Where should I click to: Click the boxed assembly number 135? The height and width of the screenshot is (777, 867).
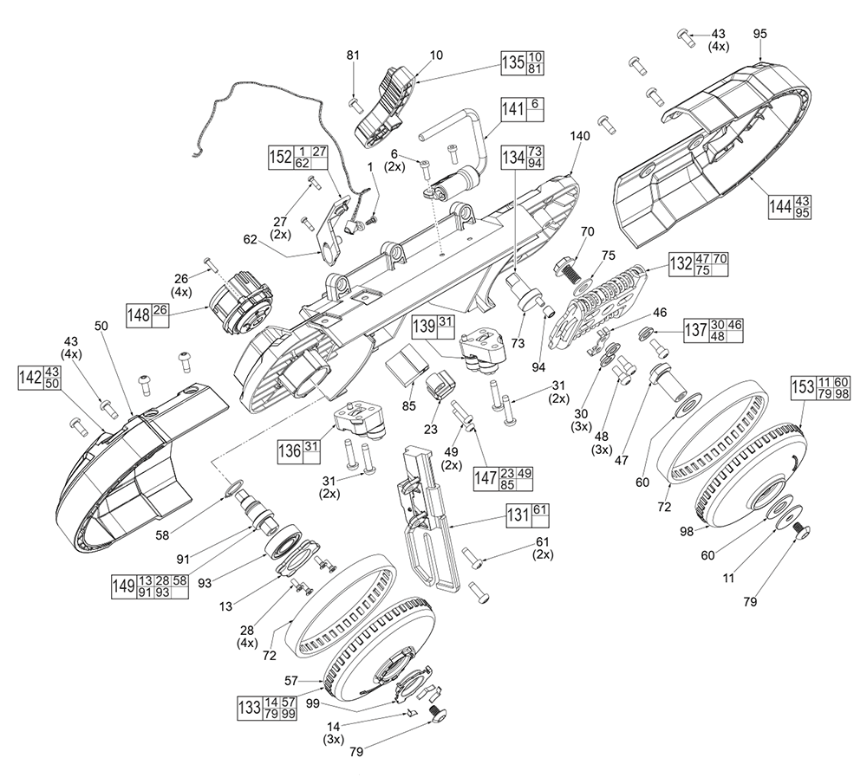512,62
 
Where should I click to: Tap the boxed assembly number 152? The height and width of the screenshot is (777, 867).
279,156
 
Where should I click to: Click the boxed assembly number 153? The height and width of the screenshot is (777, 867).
802,389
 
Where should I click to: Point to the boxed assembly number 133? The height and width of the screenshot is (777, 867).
249,706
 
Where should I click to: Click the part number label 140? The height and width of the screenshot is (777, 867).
579,137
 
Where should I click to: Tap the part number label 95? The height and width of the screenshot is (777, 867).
760,33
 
